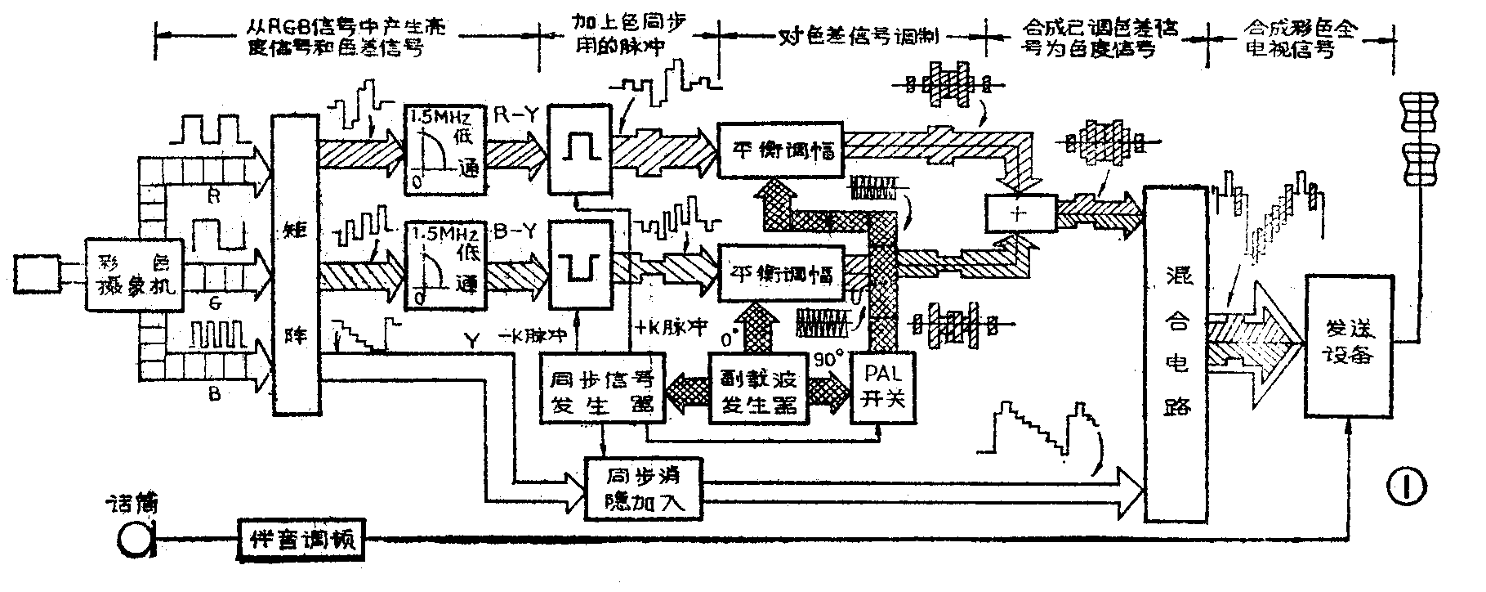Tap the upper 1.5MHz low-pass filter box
click(x=443, y=149)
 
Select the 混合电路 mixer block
click(x=1176, y=353)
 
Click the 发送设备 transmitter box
click(x=1349, y=346)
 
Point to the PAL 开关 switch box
click(x=885, y=388)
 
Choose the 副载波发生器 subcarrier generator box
click(x=756, y=388)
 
